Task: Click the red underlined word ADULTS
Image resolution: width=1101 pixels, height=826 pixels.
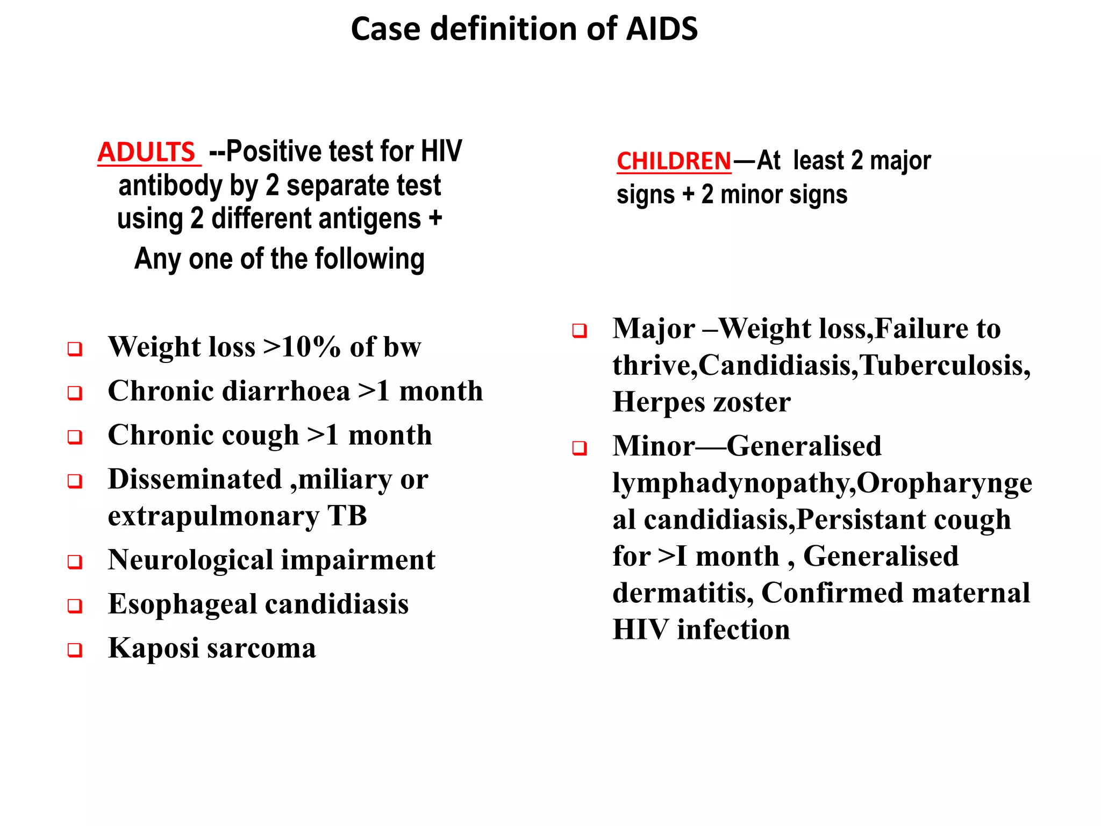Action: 146,152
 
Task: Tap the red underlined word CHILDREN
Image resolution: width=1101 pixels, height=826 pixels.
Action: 674,161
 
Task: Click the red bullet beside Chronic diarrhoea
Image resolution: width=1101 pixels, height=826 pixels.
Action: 75,393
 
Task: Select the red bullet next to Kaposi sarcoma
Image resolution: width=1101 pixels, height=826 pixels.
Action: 75,650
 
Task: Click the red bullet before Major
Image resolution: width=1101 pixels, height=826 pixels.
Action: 579,331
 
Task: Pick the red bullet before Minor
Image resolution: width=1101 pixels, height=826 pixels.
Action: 579,448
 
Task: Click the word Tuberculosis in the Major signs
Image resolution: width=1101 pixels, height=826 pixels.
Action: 944,366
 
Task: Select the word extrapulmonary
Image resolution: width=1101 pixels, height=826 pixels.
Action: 213,516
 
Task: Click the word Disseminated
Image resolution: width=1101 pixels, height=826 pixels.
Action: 195,479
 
